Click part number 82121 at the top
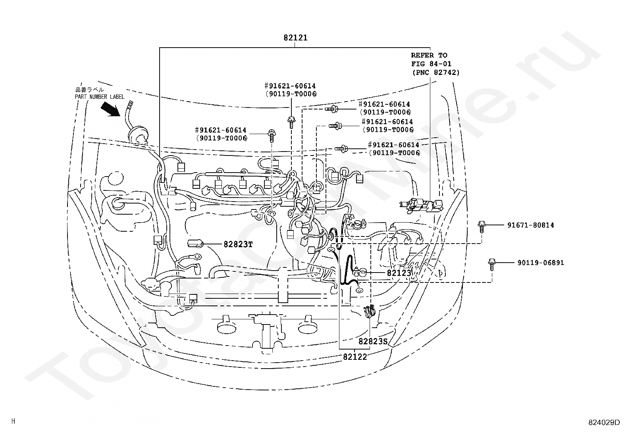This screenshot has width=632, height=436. click(x=295, y=38)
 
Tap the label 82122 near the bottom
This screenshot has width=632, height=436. click(x=355, y=357)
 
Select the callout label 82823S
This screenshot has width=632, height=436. click(x=373, y=342)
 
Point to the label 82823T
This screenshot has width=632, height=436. click(x=238, y=244)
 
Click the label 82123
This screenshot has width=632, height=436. click(x=399, y=273)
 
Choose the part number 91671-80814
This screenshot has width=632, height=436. click(x=531, y=225)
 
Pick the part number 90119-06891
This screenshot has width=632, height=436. click(x=541, y=263)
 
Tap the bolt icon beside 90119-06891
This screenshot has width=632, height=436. click(x=492, y=265)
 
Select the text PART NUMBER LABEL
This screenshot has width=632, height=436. click(x=100, y=97)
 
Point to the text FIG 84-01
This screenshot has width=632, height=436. click(x=431, y=64)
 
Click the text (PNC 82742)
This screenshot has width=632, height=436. click(x=436, y=73)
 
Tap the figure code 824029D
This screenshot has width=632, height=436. click(x=604, y=422)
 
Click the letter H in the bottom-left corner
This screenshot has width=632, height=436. click(x=13, y=421)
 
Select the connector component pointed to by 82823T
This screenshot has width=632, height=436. click(x=195, y=243)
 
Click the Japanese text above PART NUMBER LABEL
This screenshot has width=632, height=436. click(x=90, y=90)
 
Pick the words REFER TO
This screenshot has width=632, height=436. click(x=429, y=55)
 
